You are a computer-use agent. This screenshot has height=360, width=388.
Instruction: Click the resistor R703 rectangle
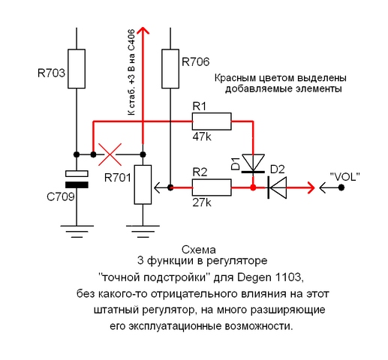coord(77,69)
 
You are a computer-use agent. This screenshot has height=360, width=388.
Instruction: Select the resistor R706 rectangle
coord(170,69)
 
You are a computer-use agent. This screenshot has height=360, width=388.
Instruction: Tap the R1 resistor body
coord(212,121)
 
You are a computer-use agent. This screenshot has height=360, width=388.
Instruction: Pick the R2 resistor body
coord(212,187)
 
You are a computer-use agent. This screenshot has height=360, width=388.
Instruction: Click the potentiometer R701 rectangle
coord(143,184)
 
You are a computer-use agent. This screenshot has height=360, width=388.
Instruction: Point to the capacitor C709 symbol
coord(77,179)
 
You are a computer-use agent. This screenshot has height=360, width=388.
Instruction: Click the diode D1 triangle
coord(253,163)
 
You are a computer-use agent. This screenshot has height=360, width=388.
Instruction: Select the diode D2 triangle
coord(277,187)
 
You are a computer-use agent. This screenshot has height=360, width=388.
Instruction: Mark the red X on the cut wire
coord(110,154)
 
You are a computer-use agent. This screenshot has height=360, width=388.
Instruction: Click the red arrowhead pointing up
coord(143,30)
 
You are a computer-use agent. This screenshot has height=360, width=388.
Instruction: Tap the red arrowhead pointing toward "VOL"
coord(311,187)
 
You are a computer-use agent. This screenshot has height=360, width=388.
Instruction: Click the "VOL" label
coord(344,177)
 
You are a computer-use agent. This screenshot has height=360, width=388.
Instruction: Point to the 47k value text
coord(202,137)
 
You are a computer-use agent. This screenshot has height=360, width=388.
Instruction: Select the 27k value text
coord(202,202)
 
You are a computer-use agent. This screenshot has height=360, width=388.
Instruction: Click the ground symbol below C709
coord(77,231)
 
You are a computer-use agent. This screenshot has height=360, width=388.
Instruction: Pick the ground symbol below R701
coord(143,231)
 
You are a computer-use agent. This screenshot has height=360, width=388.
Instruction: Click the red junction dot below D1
coord(253,187)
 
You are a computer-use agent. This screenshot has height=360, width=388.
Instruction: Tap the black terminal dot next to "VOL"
coord(341,187)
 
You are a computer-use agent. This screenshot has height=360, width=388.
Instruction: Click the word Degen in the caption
coord(254,277)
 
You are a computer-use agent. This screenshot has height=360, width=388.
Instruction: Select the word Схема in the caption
coord(199,250)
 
